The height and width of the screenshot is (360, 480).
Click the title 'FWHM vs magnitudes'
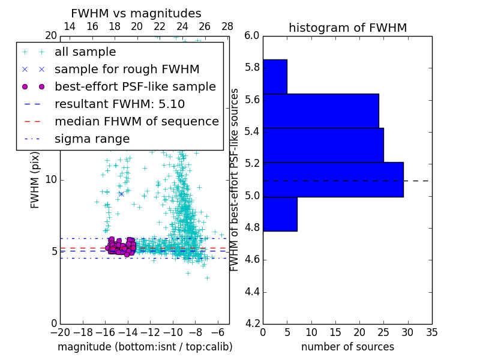[136, 13]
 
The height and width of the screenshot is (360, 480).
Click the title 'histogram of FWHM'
[347, 28]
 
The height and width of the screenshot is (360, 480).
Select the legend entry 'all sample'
[85, 52]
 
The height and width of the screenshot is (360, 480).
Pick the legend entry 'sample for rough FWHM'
[127, 70]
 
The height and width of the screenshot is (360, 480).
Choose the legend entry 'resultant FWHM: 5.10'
[119, 104]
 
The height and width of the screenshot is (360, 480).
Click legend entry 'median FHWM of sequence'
[136, 122]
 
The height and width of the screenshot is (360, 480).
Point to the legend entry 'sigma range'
[92, 139]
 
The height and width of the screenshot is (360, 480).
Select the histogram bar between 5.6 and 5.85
[275, 76]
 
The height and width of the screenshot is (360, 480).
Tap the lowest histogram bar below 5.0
[280, 214]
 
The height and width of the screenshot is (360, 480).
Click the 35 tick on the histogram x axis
[431, 332]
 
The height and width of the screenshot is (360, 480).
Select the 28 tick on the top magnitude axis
[227, 27]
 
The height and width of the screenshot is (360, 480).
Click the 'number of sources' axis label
[347, 347]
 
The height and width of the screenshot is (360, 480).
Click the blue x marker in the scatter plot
[121, 194]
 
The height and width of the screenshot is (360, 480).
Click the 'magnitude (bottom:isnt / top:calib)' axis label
[145, 347]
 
